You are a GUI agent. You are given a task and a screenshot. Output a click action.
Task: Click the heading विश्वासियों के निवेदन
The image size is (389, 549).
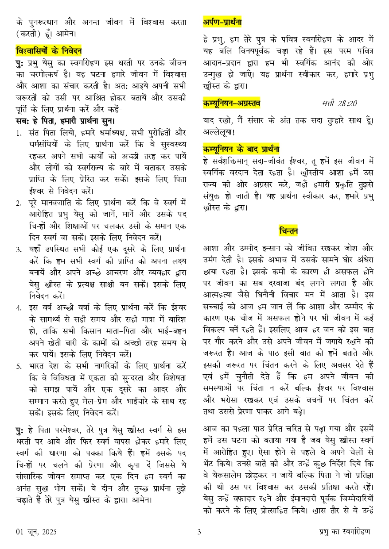click(49, 50)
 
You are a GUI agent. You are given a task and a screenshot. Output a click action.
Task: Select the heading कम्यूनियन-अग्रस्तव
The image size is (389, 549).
click(232, 104)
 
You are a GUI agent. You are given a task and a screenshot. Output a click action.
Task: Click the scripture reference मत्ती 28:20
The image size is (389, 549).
click(339, 104)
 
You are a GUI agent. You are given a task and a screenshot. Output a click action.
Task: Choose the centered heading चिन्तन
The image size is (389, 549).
click(288, 231)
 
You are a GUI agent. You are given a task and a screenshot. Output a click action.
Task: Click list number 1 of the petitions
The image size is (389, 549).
click(19, 132)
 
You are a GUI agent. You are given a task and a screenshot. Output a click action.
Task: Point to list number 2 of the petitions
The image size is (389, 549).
click(19, 203)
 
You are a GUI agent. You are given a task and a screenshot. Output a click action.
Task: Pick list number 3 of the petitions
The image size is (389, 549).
click(19, 249)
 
